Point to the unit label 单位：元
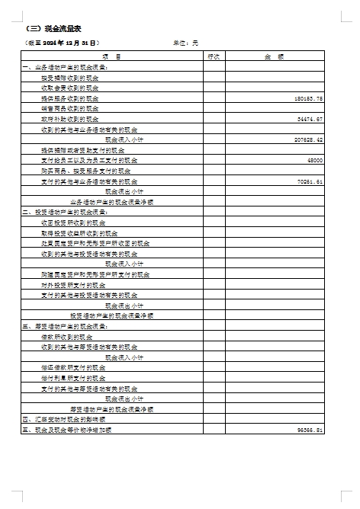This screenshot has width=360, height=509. click(185, 43)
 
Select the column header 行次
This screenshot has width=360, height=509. click(214, 56)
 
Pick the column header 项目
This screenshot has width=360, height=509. click(111, 56)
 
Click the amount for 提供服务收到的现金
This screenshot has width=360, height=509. click(308, 98)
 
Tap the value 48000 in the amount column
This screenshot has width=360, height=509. click(315, 161)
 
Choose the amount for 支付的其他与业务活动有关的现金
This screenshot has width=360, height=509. click(309, 182)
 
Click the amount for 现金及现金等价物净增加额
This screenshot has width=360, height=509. click(310, 431)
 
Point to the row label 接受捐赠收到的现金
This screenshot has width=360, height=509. click(70, 78)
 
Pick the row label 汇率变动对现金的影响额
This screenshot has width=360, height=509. click(64, 420)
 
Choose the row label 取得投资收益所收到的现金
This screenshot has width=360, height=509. click(79, 232)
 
